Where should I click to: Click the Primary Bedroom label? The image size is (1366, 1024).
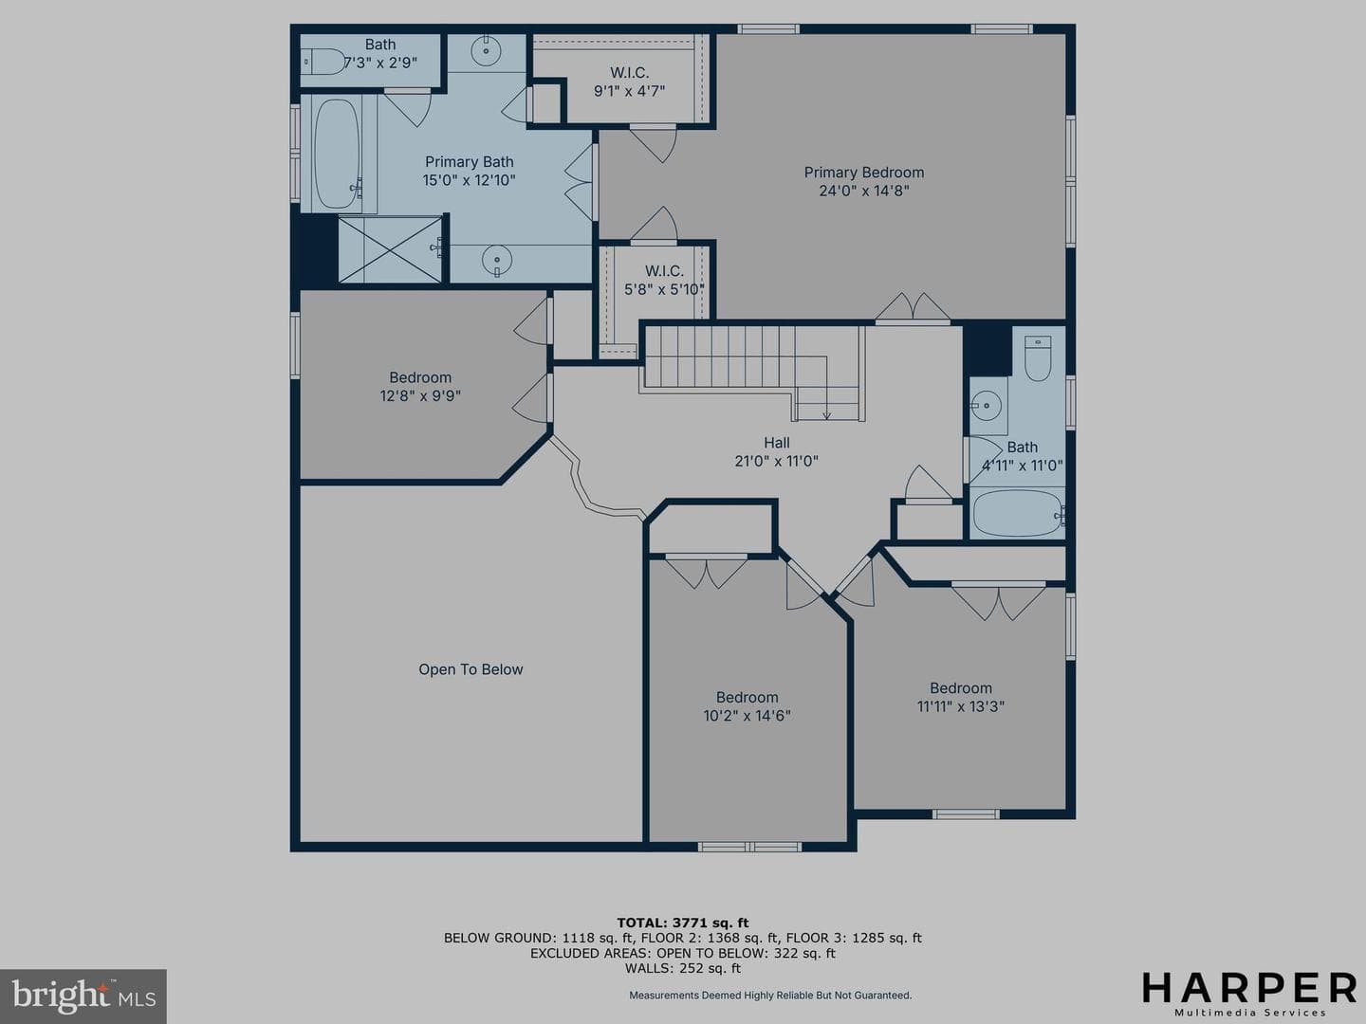pos(864,173)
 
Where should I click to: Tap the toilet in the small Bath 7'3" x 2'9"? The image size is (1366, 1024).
pos(324,62)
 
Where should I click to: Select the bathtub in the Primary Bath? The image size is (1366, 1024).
pos(338,154)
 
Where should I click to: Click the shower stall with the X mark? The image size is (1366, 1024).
pos(390,248)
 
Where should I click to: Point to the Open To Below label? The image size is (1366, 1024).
pos(471,669)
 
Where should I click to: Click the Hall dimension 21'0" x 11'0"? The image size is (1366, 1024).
pos(776,461)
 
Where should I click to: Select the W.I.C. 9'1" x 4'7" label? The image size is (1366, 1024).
pos(629,82)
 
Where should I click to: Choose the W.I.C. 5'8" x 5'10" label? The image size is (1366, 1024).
pos(664,281)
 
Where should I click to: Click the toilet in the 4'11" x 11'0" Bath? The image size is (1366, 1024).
pos(1038,358)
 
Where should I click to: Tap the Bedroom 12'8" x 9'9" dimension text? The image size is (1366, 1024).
pos(420,395)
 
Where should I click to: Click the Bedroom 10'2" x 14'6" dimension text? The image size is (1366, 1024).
pos(747,716)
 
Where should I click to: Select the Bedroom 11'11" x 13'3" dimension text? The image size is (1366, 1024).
pos(961,706)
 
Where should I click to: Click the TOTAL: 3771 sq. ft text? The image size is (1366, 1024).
pos(683,923)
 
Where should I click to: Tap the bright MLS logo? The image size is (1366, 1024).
pos(83,997)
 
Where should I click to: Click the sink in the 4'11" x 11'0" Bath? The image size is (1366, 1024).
pos(987,406)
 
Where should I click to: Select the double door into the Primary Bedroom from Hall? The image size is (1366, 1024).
pos(913,308)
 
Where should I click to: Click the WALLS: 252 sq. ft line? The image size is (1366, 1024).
pos(683,968)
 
